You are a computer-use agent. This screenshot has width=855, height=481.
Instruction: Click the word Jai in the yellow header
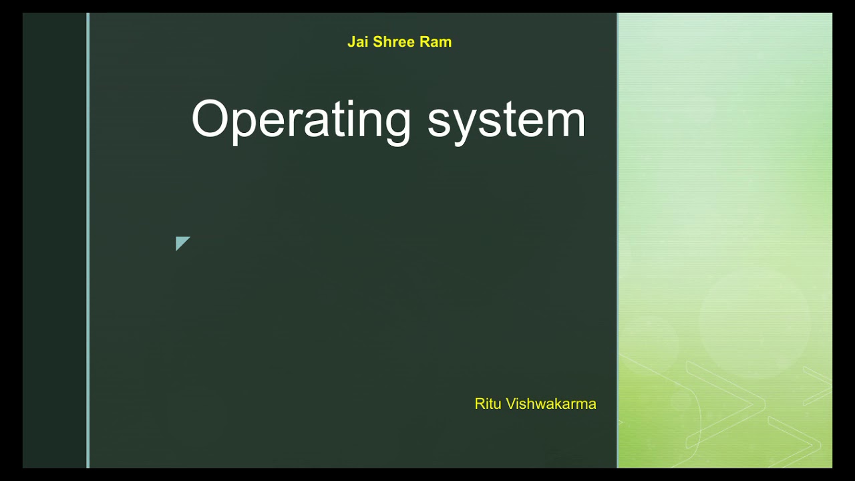[x=357, y=42]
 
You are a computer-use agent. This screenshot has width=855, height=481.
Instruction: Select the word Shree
[x=393, y=42]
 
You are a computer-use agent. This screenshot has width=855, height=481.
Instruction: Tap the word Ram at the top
[x=436, y=42]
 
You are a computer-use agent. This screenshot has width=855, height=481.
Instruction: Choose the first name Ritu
[x=488, y=404]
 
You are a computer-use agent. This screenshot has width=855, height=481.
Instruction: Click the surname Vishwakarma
[x=551, y=404]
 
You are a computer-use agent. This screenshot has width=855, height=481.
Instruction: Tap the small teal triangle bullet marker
[x=181, y=243]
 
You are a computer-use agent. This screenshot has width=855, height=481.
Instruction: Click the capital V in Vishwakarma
[x=511, y=404]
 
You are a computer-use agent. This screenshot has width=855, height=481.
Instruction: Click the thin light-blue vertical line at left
[x=88, y=240]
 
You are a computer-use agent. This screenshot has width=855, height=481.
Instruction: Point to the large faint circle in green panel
[x=755, y=324]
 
